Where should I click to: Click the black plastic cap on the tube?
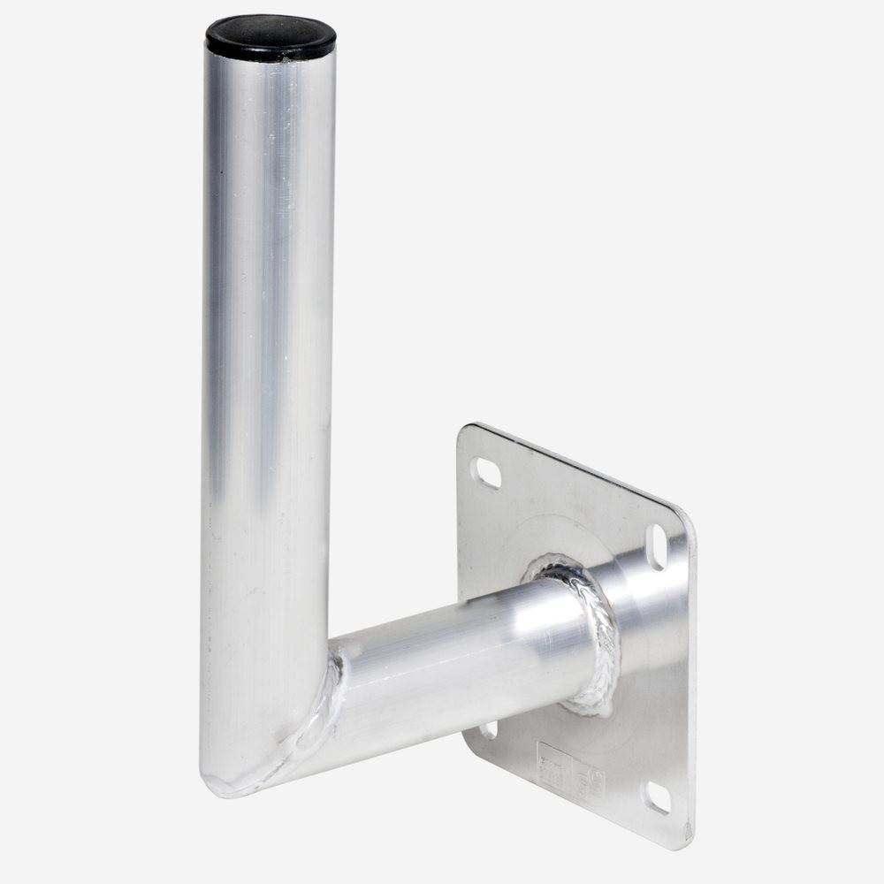tap(271, 37)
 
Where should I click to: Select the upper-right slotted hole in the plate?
tap(659, 546)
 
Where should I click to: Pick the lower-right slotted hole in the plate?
tap(656, 797)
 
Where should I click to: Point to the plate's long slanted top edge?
tap(575, 468)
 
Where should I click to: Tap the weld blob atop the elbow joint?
tap(339, 659)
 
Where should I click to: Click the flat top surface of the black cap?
tap(271, 30)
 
